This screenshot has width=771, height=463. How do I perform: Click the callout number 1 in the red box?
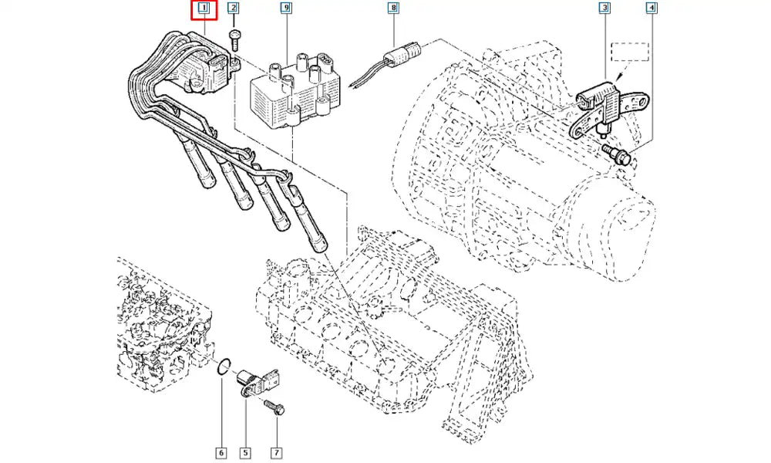tap(204, 9)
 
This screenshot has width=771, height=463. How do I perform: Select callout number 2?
tap(234, 9)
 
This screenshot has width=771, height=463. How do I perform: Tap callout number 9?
tap(286, 9)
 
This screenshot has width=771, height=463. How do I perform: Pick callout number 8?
tap(393, 9)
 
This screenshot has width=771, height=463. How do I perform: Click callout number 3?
tap(605, 9)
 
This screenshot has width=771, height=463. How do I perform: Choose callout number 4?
tap(652, 9)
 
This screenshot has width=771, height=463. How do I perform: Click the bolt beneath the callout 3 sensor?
tap(618, 154)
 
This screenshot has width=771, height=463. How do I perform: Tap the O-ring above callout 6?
tap(222, 367)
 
